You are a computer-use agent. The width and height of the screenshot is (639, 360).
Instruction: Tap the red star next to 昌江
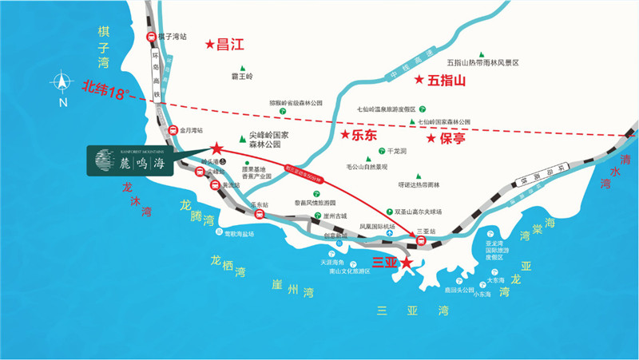(210, 45)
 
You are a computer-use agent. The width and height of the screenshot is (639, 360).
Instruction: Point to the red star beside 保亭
(431, 138)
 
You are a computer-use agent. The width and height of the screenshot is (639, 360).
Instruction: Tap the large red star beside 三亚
(407, 262)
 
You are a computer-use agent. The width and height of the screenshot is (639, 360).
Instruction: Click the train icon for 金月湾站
(172, 131)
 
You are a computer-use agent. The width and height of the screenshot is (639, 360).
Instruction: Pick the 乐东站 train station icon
(258, 213)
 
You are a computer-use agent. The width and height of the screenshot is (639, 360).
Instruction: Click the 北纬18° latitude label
(105, 90)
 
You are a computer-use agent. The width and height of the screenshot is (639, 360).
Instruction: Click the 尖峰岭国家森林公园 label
(265, 140)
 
